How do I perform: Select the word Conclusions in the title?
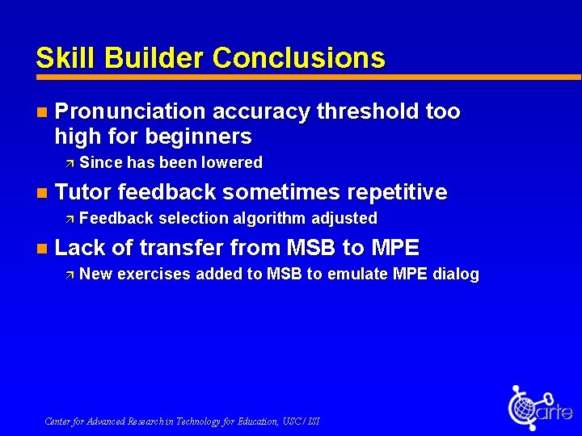pos(298,58)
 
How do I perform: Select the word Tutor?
pos(82,192)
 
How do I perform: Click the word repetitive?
pos(396,192)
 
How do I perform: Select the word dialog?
pos(456,275)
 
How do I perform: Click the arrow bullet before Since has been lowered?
pos(70,163)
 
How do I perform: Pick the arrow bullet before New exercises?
pos(70,275)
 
